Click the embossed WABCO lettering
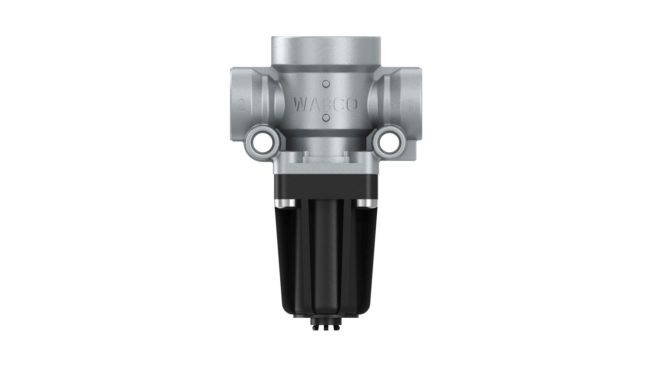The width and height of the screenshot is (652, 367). pyautogui.click(x=326, y=105)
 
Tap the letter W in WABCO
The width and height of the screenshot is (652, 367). pyautogui.click(x=302, y=105)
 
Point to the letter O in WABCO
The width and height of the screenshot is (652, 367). pyautogui.click(x=352, y=105)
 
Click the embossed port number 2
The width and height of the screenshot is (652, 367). pyautogui.click(x=242, y=105)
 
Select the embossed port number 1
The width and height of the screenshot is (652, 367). pyautogui.click(x=410, y=105)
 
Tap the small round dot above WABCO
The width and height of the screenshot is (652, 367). pyautogui.click(x=326, y=84)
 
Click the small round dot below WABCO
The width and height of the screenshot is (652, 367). pyautogui.click(x=326, y=118)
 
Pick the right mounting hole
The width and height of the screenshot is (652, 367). pyautogui.click(x=388, y=143)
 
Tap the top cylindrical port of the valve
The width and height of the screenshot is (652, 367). pyautogui.click(x=326, y=51)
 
